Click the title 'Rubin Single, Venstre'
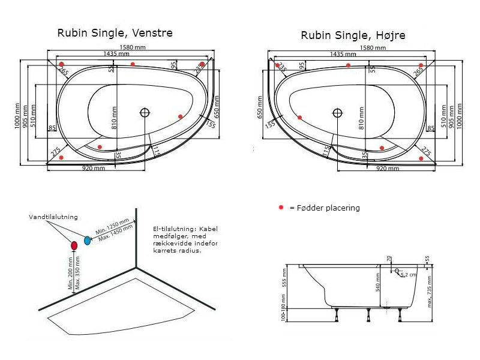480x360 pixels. coord(115,33)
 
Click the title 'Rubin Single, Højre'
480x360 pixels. coord(353,36)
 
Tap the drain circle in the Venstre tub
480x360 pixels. coord(145,112)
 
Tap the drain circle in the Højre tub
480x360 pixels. coord(337,112)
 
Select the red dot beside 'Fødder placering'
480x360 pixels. coord(280,208)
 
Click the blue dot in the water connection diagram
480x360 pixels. coord(88,240)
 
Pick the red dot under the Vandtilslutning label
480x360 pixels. coord(74,245)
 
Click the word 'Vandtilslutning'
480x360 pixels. coord(53,217)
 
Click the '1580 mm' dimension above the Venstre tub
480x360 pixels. coord(131,47)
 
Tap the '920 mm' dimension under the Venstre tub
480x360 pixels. coord(94,169)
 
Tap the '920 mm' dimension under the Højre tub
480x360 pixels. coord(388,169)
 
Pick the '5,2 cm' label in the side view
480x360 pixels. coord(409,274)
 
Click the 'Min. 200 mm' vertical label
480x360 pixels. coord(70,275)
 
